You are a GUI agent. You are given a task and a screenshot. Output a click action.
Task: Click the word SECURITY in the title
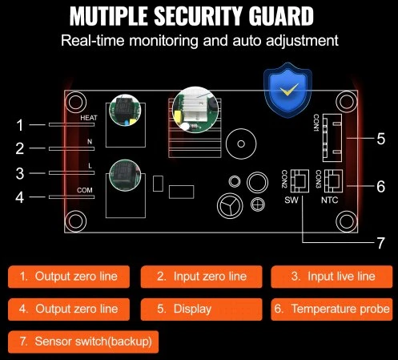[198, 16]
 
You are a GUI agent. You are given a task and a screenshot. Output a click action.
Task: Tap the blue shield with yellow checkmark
[287, 90]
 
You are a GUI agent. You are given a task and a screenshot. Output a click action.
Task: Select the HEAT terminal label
[89, 118]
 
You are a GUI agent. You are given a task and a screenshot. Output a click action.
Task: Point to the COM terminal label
[85, 190]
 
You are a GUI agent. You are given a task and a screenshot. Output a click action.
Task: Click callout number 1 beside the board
[20, 125]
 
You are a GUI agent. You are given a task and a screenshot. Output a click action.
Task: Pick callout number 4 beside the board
[20, 197]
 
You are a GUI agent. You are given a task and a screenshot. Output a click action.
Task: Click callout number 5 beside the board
[381, 139]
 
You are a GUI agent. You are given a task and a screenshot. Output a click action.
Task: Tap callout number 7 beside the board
[380, 243]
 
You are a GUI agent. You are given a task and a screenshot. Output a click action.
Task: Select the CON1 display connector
[332, 138]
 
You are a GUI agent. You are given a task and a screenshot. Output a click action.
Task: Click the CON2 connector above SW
[300, 181]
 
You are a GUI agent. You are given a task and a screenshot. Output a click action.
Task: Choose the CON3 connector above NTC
[333, 181]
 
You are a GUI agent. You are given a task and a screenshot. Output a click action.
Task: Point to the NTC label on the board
[329, 200]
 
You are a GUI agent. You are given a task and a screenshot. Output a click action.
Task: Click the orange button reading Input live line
[332, 277]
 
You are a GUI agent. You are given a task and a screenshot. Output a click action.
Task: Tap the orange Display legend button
[201, 309]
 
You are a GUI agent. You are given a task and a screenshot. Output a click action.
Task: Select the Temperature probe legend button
[332, 309]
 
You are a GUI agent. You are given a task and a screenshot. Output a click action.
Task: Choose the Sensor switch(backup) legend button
[83, 342]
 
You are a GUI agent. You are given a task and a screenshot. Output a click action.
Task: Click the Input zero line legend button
[201, 277]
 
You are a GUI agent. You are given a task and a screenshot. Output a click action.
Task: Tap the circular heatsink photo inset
[195, 109]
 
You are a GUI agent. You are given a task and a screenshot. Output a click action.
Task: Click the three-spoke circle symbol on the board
[230, 205]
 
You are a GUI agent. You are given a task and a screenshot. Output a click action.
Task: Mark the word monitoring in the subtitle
[163, 41]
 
